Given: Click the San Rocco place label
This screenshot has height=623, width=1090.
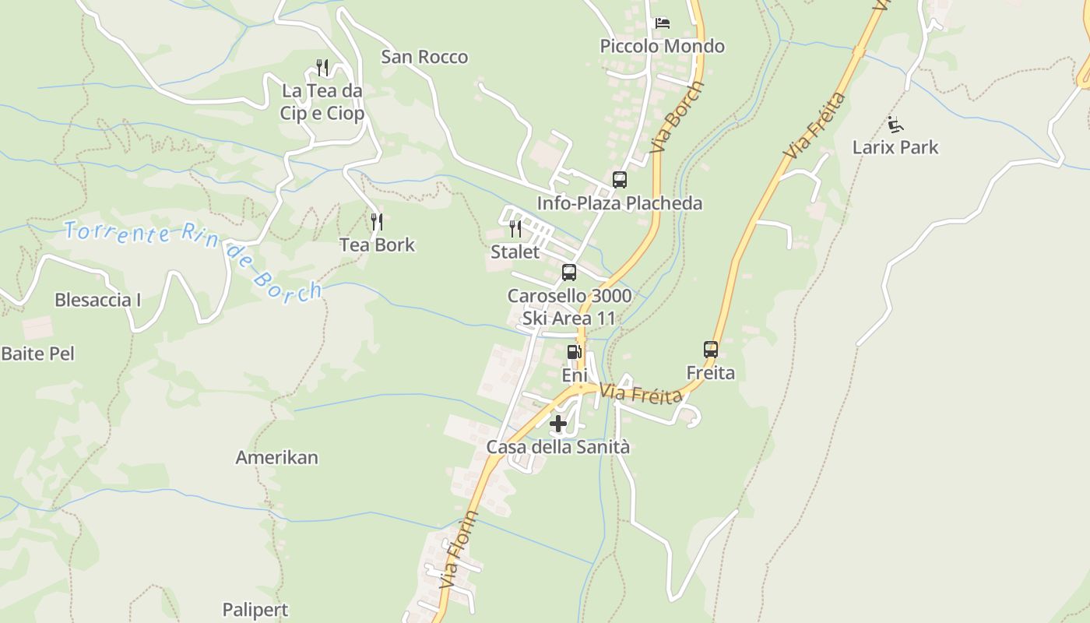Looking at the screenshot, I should tap(424, 57).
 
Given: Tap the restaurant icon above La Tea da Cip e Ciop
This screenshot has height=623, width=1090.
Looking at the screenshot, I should tap(322, 68).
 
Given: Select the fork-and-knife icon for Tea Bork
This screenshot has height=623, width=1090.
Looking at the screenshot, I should tap(377, 222).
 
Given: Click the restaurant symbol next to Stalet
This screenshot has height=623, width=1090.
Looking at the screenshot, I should tap(515, 228).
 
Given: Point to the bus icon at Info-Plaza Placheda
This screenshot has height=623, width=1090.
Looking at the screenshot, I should tap(620, 180).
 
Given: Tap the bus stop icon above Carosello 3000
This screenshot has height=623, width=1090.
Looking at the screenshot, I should tap(569, 273).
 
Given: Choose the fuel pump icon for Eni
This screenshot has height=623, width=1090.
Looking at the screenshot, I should tap(575, 352).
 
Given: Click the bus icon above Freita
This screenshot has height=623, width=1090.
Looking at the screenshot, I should tap(711, 350).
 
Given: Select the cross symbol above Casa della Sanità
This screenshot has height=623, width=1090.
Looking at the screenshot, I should tap(558, 424).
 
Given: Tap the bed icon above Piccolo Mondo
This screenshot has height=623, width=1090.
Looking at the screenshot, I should tap(663, 23).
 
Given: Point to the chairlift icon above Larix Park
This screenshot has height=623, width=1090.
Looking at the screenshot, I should tap(895, 124).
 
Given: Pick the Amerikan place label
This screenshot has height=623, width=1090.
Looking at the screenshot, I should tap(277, 457).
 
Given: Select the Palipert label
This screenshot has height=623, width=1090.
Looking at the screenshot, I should tap(255, 610).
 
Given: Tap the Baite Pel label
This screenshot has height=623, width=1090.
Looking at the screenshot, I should tap(37, 354).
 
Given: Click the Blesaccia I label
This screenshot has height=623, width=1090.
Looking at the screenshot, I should tap(98, 300).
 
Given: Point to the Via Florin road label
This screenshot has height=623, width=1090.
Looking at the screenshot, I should tap(459, 549).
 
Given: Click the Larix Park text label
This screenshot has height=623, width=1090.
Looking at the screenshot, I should tap(895, 147).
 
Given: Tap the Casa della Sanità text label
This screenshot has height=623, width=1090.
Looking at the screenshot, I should tap(558, 447).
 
